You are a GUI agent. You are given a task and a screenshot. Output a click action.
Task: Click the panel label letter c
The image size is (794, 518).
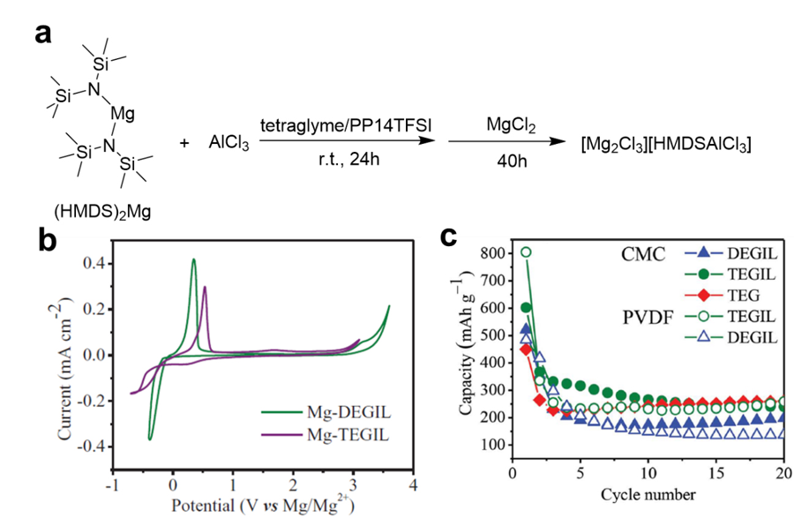(449, 237)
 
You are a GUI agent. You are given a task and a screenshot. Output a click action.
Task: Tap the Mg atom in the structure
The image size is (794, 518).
(122, 113)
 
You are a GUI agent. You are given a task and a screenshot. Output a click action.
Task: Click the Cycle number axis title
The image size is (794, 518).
(648, 492)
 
